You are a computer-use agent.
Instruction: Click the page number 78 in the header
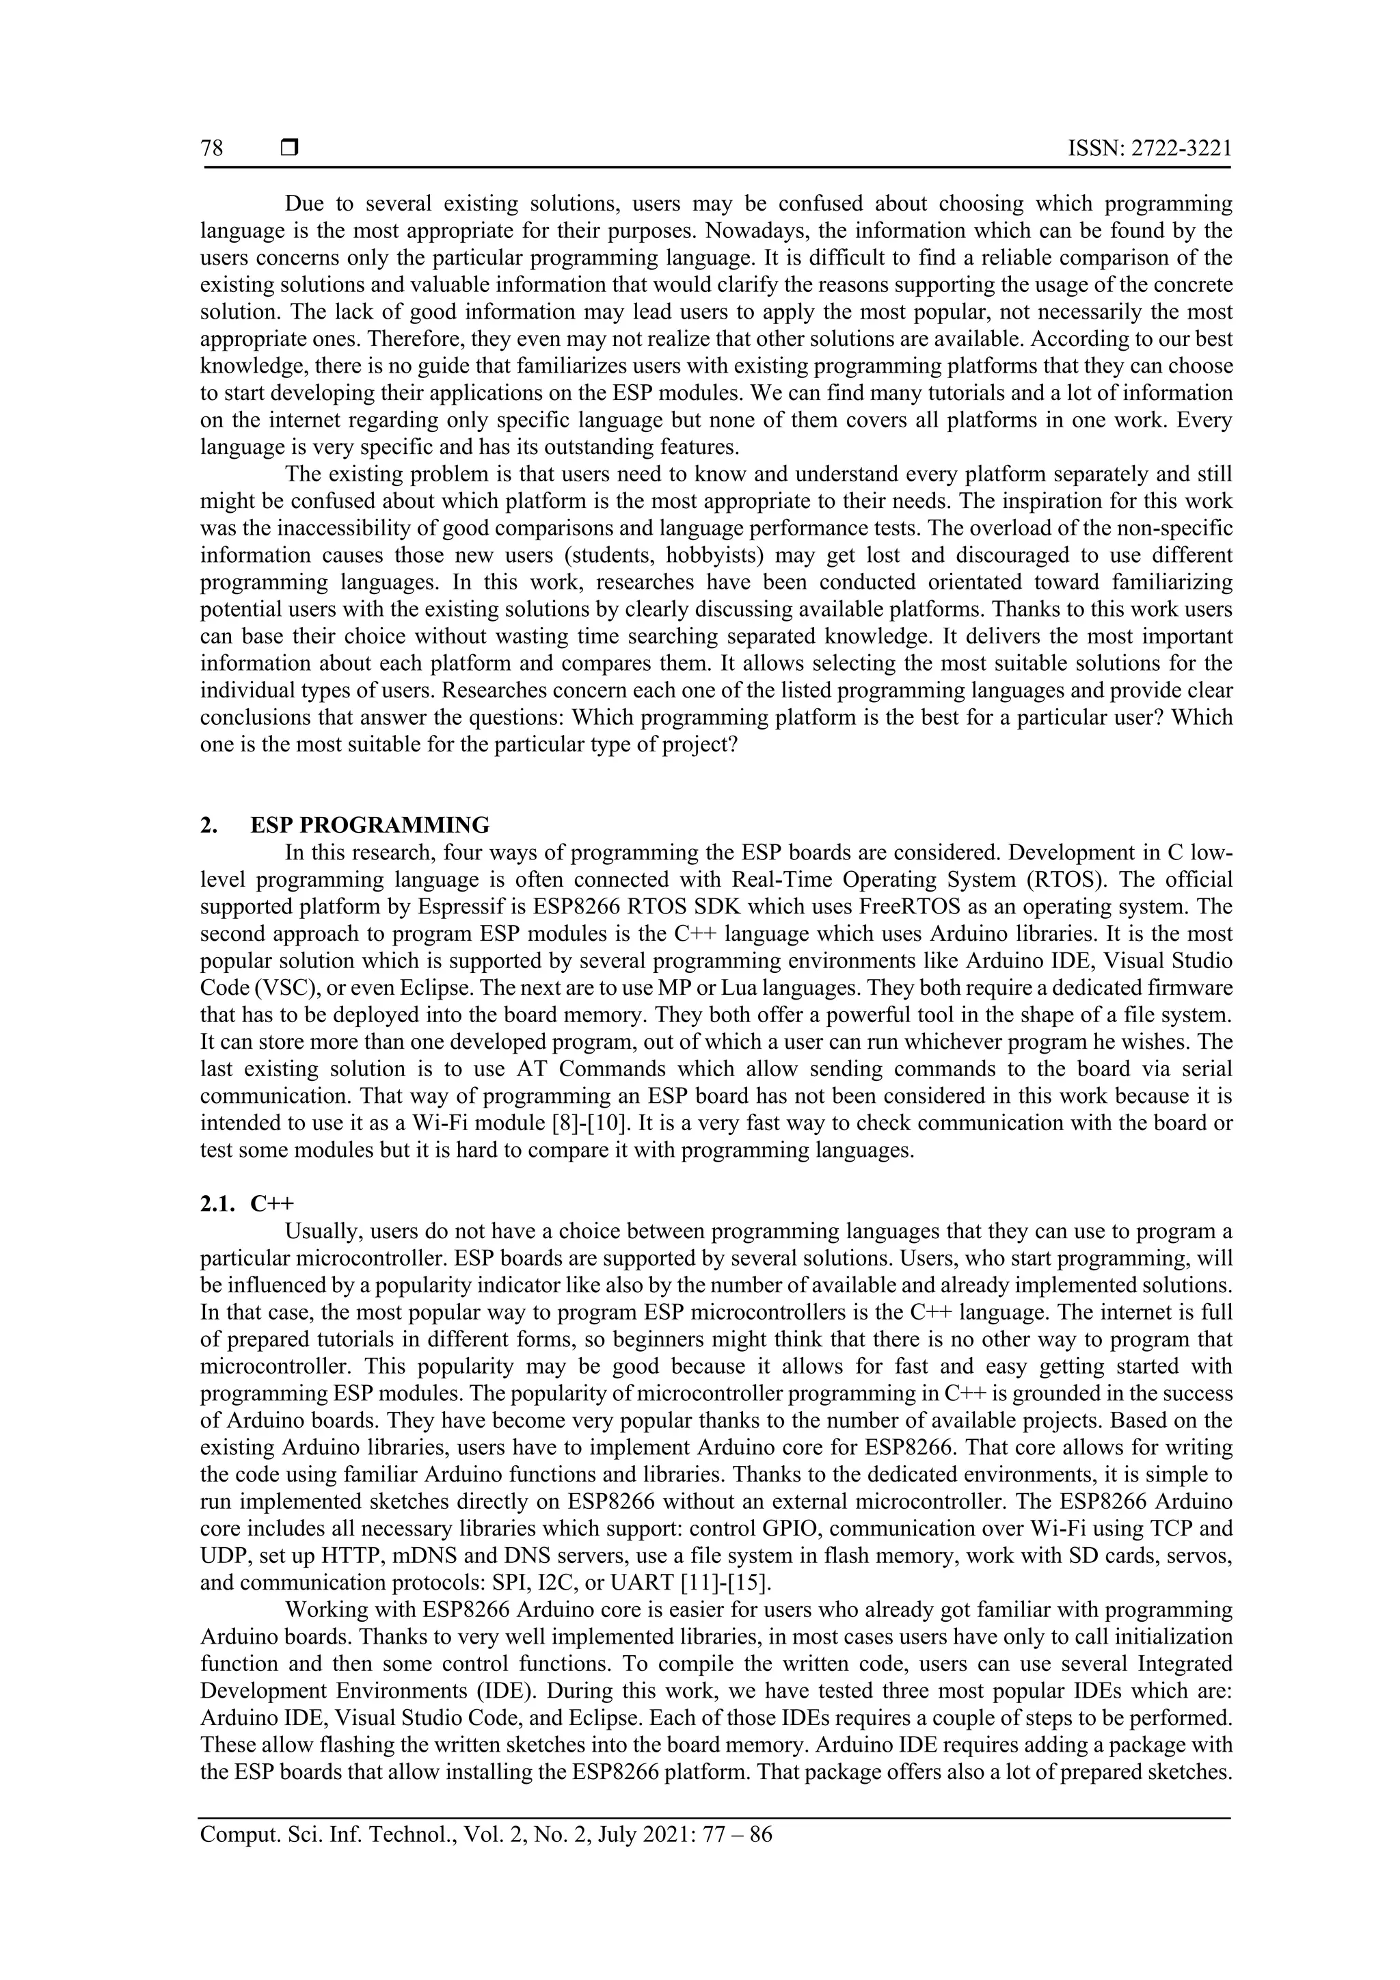click(x=212, y=149)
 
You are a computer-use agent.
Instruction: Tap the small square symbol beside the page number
click(x=288, y=149)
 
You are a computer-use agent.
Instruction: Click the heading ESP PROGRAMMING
click(x=370, y=825)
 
